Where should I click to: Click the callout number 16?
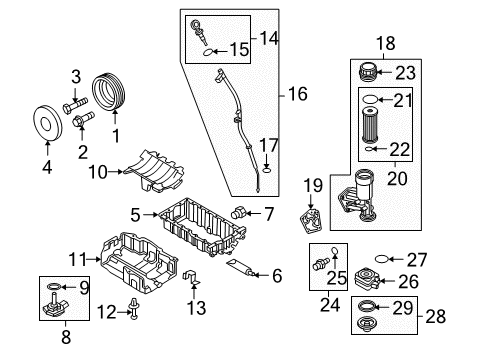298,94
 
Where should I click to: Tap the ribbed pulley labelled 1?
109,91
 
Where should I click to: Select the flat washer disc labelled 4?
48,123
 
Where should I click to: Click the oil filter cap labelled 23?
367,72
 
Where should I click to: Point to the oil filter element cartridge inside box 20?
370,125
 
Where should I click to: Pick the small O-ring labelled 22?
368,149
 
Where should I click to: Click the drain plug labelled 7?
238,212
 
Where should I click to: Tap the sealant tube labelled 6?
242,268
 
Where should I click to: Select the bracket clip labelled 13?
192,277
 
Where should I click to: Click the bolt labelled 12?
135,309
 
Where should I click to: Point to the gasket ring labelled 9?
54,286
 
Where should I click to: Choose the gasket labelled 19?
311,221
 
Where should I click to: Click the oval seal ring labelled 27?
382,259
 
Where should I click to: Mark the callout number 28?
436,316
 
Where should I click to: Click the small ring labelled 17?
266,170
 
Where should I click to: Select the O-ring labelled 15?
208,52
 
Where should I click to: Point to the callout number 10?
98,172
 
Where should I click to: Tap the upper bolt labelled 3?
75,105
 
